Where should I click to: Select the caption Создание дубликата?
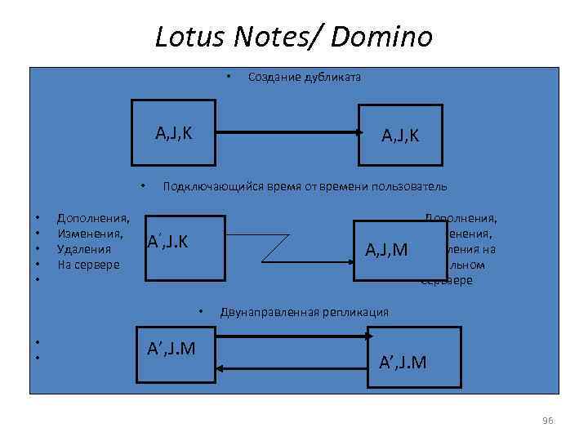click(x=304, y=78)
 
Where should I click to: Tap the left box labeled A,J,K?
click(x=176, y=131)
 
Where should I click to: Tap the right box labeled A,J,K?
click(x=400, y=136)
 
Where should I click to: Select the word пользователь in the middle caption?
click(x=412, y=186)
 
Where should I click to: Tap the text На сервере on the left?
click(x=88, y=265)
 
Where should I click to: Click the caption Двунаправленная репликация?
click(x=304, y=312)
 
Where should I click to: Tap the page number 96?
click(x=547, y=420)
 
